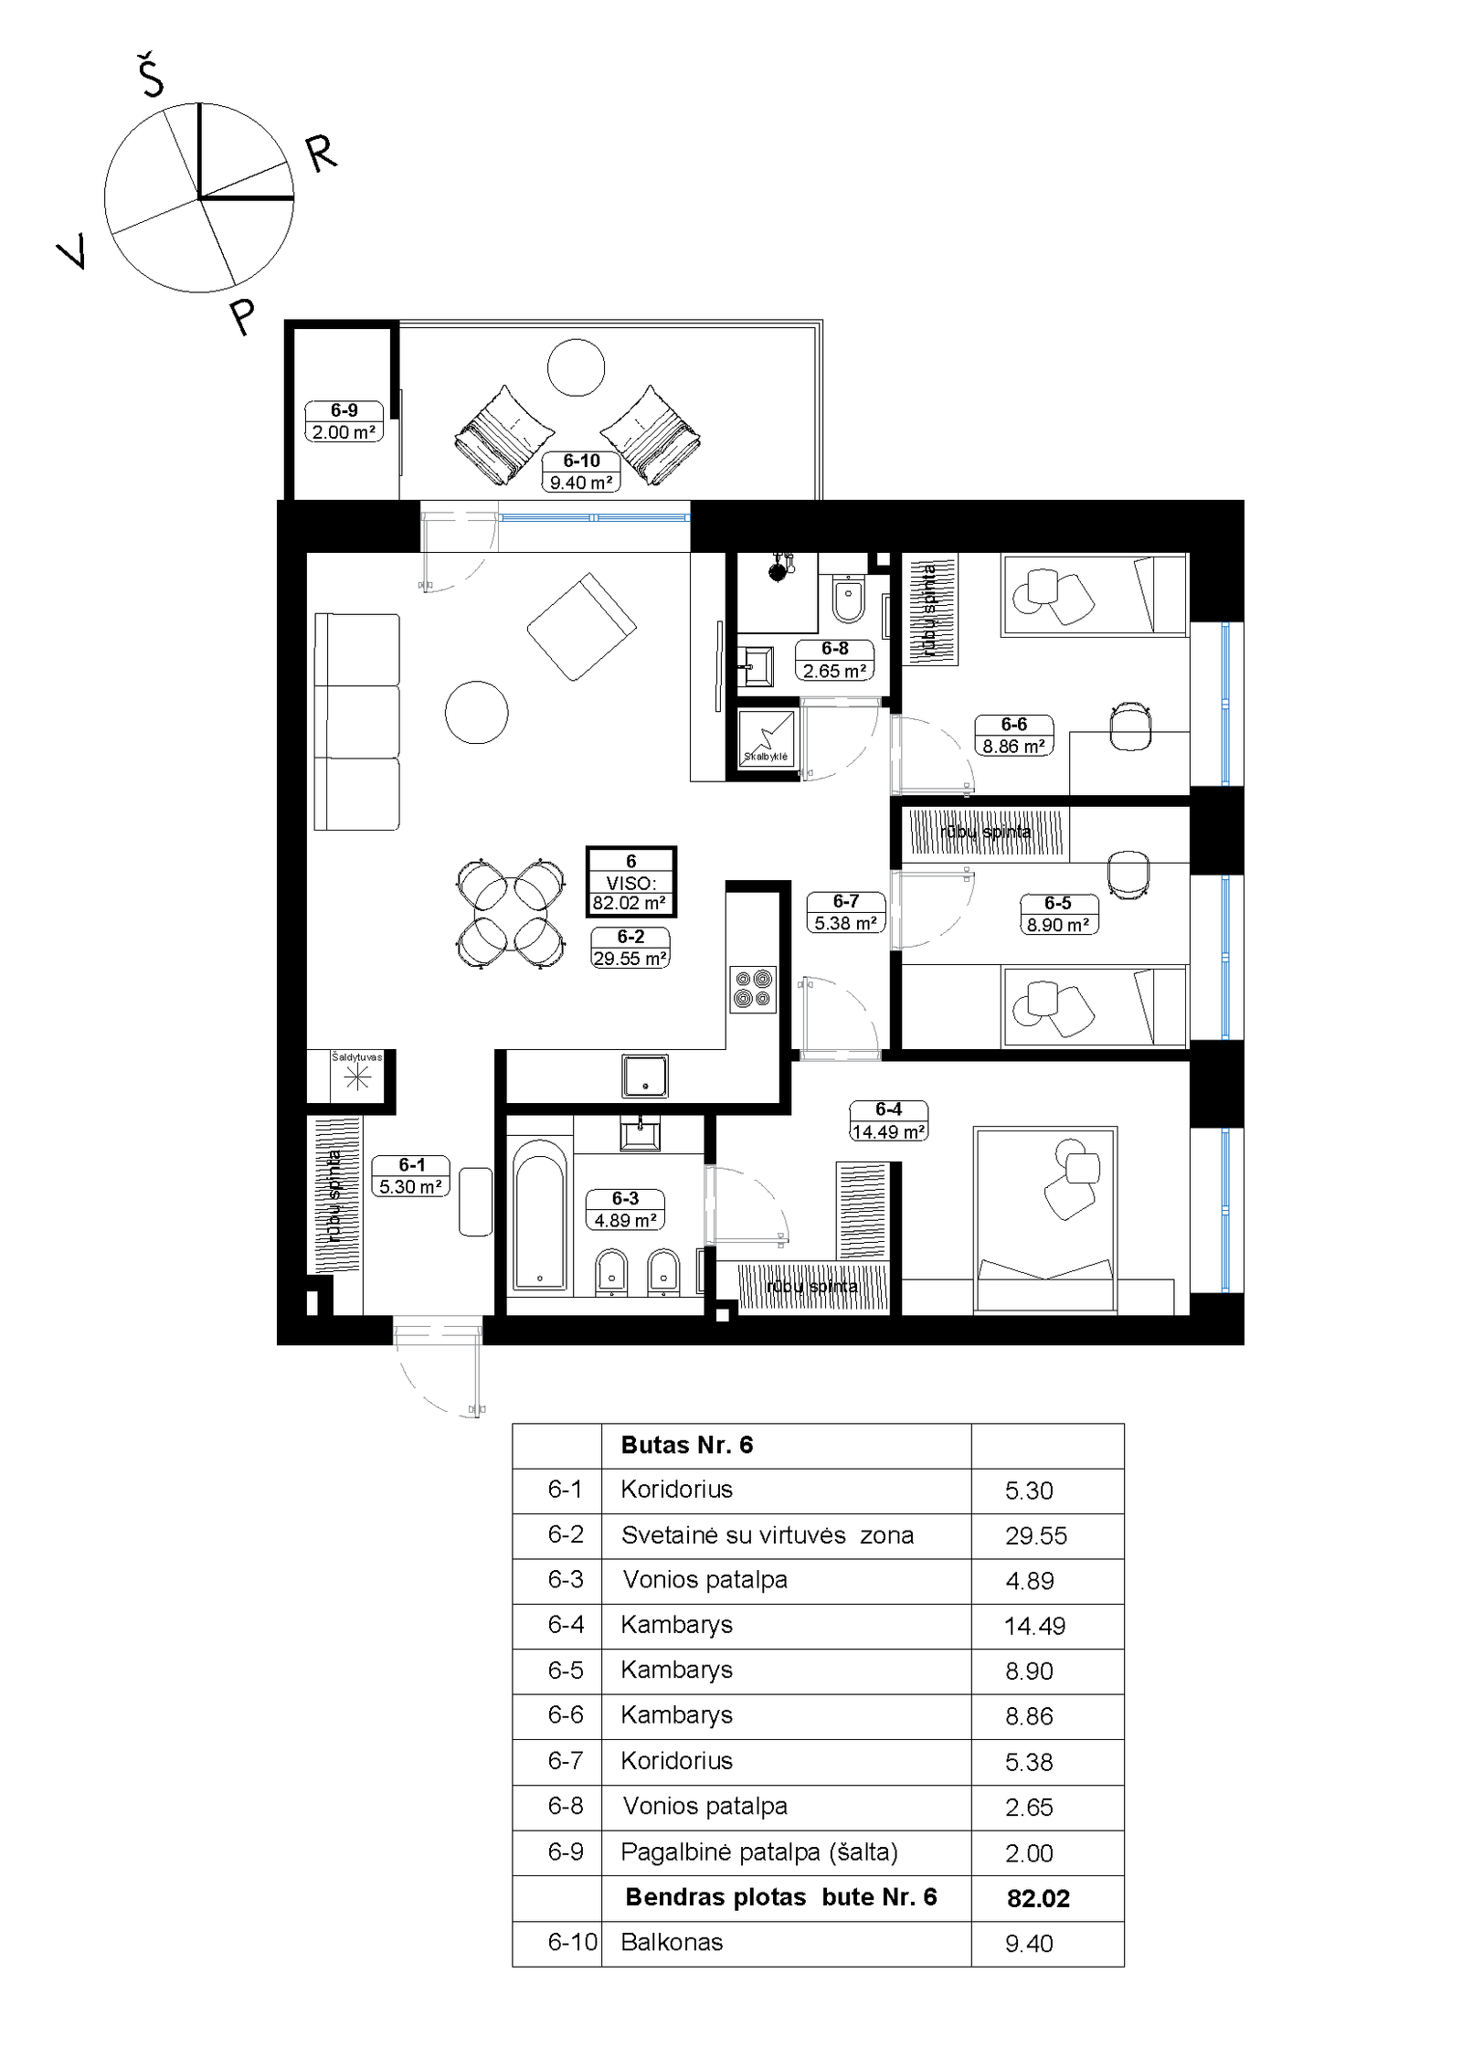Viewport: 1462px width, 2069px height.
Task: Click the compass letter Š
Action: pyautogui.click(x=151, y=75)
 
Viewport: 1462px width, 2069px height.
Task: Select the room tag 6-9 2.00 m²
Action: pyautogui.click(x=344, y=421)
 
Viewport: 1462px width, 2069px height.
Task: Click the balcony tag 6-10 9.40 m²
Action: pyautogui.click(x=581, y=472)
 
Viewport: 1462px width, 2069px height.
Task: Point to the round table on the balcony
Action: pyautogui.click(x=576, y=367)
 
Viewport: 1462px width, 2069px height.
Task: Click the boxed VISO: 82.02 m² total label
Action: pyautogui.click(x=630, y=882)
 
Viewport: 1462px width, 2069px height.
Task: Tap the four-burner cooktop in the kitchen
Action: pyautogui.click(x=753, y=989)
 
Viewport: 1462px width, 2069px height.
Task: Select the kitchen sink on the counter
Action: pyautogui.click(x=645, y=1075)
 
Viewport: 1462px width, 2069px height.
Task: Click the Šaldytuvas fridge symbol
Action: pyautogui.click(x=356, y=1076)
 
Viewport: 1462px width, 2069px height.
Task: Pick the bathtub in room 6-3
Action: pyautogui.click(x=540, y=1215)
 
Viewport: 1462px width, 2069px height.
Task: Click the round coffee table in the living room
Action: pyautogui.click(x=476, y=712)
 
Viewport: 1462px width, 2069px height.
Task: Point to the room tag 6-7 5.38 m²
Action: pyautogui.click(x=845, y=912)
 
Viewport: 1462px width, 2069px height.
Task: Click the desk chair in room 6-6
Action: pyautogui.click(x=1130, y=726)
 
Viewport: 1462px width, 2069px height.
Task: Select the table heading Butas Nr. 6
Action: pyautogui.click(x=687, y=1445)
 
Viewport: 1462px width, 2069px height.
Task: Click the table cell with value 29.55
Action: pyautogui.click(x=1036, y=1535)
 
